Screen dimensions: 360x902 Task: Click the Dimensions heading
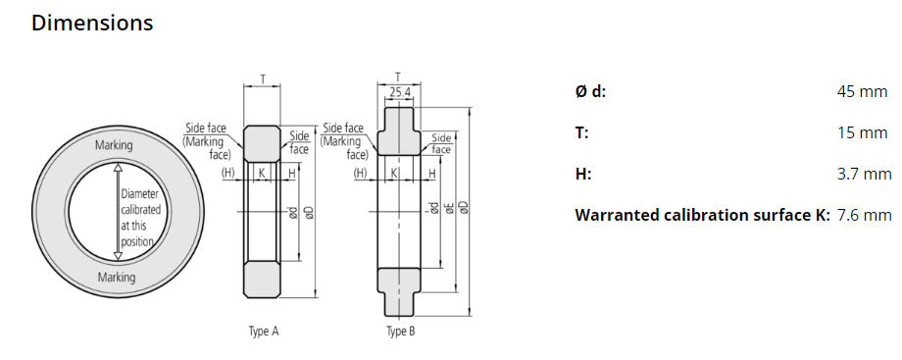pos(92,23)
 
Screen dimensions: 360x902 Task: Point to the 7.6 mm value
pos(864,215)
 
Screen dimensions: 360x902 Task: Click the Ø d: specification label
pos(590,91)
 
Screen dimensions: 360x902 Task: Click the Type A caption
pos(263,332)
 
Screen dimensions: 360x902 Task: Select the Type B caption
pos(400,332)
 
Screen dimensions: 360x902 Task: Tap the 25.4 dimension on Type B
pos(399,92)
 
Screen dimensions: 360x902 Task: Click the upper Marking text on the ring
pos(114,145)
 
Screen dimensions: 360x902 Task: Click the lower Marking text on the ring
pos(117,278)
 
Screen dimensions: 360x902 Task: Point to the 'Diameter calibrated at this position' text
pos(140,218)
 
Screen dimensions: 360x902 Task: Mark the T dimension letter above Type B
pos(397,76)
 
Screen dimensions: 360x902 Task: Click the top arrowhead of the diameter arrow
pos(117,169)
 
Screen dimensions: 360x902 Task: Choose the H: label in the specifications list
pos(583,174)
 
